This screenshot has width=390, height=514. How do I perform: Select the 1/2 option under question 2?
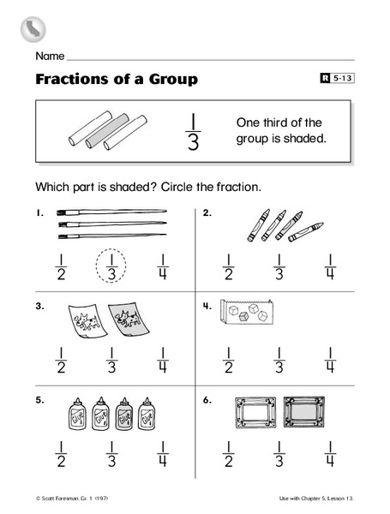pos(229,267)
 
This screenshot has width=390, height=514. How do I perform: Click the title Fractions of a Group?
pos(117,80)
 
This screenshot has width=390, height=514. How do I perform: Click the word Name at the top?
pos(51,56)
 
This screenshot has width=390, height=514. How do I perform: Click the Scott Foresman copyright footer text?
pos(68,498)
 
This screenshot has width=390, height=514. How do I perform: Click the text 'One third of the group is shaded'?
pos(279,130)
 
